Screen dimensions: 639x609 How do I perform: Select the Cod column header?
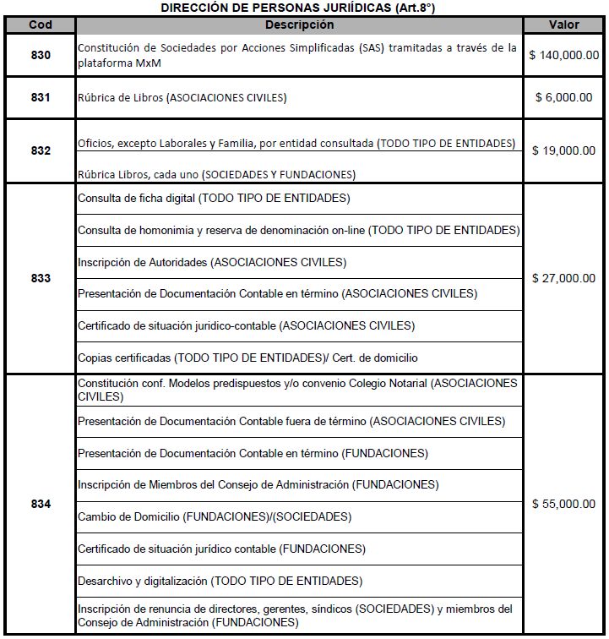pos(40,25)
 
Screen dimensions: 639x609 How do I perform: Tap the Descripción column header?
pos(299,25)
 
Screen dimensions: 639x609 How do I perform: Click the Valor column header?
pos(563,25)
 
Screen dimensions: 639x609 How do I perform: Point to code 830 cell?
pos(40,56)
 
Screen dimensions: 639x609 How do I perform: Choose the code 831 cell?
pos(40,97)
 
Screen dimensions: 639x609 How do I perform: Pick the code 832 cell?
pos(40,150)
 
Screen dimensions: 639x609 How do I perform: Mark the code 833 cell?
pos(40,278)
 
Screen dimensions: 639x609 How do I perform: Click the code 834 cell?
pos(40,504)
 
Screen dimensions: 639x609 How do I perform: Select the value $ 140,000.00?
pos(563,56)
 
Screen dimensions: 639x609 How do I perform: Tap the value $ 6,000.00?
pos(563,97)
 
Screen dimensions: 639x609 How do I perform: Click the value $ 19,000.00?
pos(563,150)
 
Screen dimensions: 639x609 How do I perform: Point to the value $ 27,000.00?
pos(563,278)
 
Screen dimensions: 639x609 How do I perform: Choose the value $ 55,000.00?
pos(563,504)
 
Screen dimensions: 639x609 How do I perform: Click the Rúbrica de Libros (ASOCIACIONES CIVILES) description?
pos(182,98)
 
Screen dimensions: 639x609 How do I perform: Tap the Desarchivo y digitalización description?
pos(220,581)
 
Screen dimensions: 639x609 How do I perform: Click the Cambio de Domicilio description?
pos(215,516)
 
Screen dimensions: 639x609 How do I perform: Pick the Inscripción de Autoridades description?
pos(212,262)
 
